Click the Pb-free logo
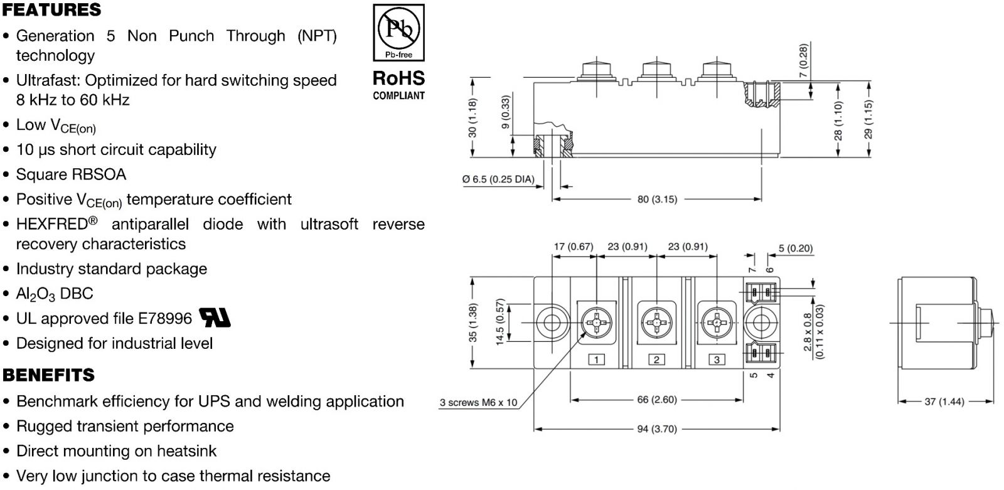(x=398, y=32)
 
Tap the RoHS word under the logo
(x=398, y=78)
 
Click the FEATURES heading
(x=51, y=10)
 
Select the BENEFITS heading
(x=48, y=375)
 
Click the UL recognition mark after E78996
(x=215, y=318)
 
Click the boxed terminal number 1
(x=596, y=360)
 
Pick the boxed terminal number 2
(x=656, y=360)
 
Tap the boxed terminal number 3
(x=716, y=360)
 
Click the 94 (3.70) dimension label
(x=657, y=429)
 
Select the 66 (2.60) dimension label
(x=656, y=400)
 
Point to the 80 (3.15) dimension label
(x=657, y=200)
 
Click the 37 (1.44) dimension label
(x=944, y=402)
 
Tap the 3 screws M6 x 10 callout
(x=478, y=403)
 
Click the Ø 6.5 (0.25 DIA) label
(x=498, y=179)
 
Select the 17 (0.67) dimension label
(x=573, y=247)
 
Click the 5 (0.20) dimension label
(x=795, y=248)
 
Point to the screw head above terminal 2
(x=656, y=323)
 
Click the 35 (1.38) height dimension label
(x=473, y=323)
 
